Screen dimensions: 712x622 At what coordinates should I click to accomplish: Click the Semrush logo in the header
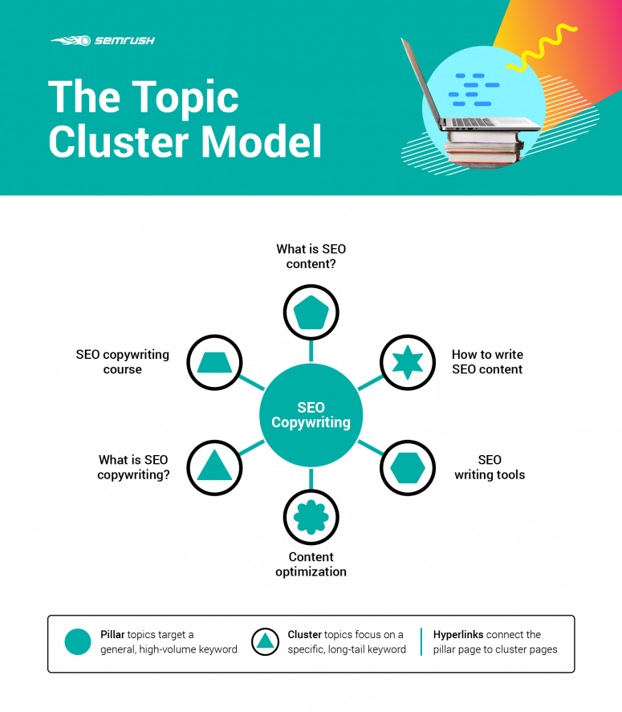[103, 40]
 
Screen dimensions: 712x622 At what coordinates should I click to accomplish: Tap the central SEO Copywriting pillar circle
[311, 415]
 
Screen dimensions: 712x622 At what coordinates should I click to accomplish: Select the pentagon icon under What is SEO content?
[311, 312]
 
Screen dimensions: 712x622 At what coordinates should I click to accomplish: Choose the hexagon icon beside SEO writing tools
[407, 467]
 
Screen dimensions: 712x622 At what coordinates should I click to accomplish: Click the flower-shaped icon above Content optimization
[311, 517]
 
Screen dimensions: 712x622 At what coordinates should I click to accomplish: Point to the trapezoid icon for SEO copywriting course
[214, 363]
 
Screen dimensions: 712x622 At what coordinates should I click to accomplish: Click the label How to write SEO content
[487, 362]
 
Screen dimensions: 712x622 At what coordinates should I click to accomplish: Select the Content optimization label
[311, 564]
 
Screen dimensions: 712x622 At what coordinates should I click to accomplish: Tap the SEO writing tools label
[490, 467]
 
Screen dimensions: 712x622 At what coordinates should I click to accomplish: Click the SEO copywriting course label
[123, 362]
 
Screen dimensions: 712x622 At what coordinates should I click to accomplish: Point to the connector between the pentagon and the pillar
[311, 350]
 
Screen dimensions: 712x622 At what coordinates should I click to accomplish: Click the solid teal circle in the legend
[78, 641]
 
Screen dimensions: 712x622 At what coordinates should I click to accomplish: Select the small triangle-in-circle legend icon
[265, 641]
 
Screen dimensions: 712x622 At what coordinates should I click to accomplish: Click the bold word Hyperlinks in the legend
[458, 634]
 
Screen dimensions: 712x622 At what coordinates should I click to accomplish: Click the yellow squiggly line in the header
[550, 48]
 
